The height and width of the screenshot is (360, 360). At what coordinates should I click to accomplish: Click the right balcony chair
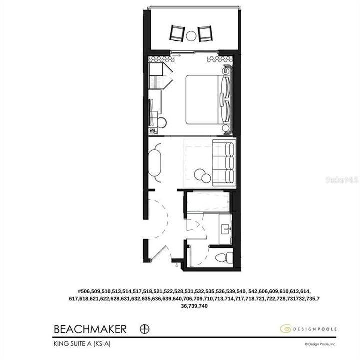pos(205,33)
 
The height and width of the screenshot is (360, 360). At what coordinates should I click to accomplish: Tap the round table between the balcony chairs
pos(191,35)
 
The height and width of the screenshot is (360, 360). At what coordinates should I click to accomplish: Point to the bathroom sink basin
pos(226,228)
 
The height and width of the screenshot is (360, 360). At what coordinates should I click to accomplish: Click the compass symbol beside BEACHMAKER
pos(146,329)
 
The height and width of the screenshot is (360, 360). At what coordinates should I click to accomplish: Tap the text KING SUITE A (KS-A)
pos(83,344)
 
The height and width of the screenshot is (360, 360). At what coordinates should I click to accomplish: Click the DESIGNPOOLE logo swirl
pos(285,329)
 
